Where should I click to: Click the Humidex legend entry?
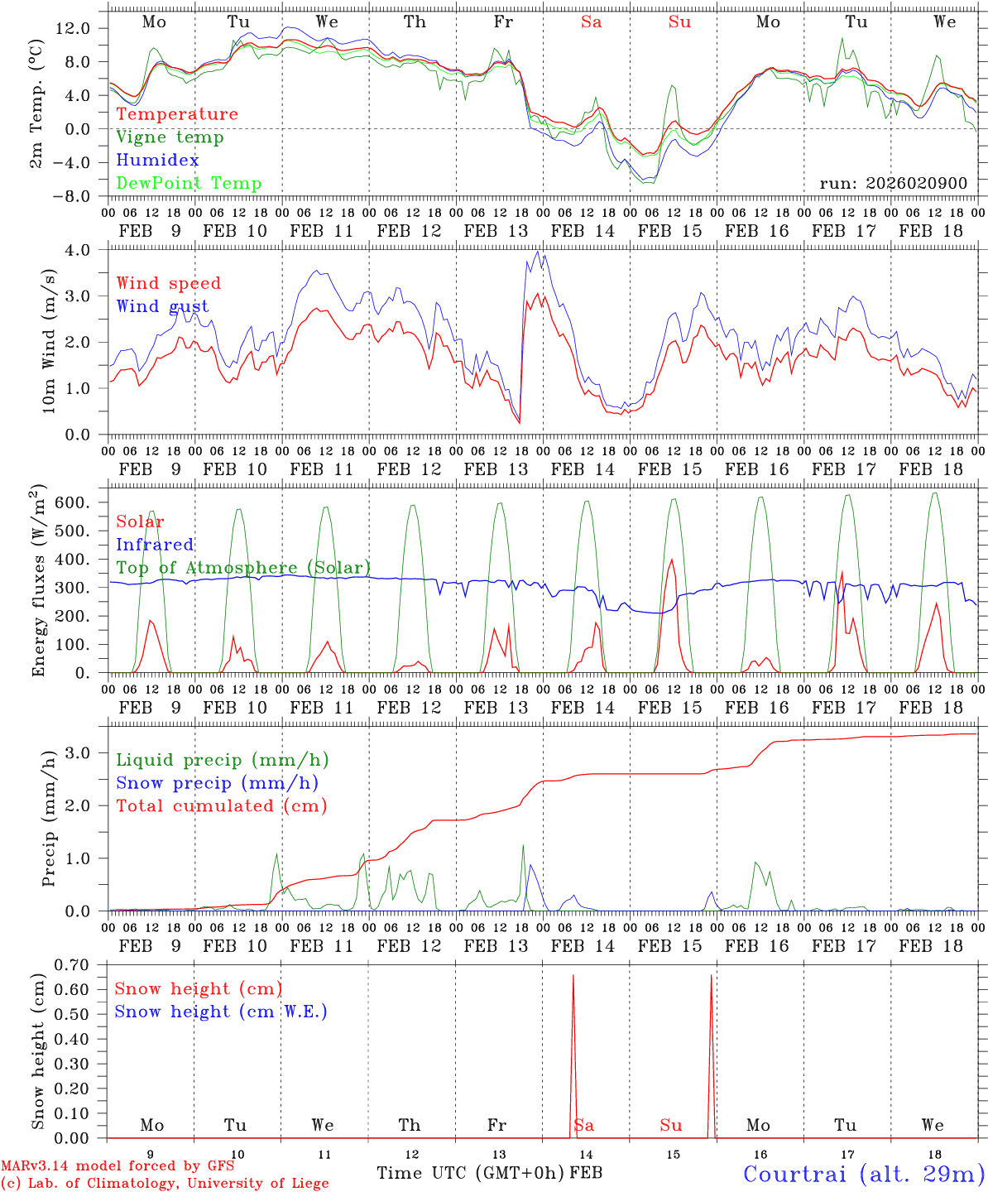157,161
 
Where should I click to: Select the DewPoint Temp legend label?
189,184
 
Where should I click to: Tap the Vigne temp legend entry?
170,137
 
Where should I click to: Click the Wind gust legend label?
162,307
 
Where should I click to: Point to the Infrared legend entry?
155,545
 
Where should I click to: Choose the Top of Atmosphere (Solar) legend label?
243,568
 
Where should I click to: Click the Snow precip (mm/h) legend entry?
217,783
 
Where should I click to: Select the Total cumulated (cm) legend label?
221,806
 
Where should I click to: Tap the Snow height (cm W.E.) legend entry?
221,1012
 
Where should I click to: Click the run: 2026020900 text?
893,183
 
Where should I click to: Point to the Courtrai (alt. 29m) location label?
864,1174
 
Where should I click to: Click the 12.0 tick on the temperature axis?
72,28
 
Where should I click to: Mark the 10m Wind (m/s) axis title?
49,341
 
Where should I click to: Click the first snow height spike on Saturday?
573,977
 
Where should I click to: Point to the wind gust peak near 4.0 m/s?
538,252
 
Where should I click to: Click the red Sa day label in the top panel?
591,22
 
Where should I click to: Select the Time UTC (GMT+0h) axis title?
471,1173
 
